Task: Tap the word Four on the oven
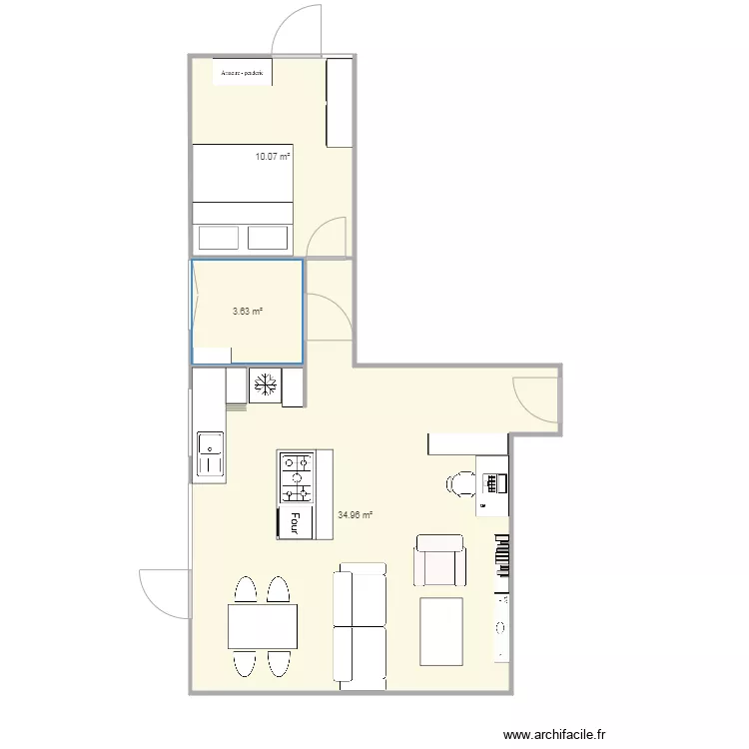[x=295, y=522]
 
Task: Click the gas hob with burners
[x=296, y=476]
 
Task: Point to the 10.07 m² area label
[x=272, y=157]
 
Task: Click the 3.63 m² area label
[x=247, y=311]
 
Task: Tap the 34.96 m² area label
[x=355, y=515]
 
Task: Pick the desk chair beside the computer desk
[x=460, y=483]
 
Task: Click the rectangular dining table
[x=263, y=627]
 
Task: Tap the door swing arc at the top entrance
[x=297, y=28]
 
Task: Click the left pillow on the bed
[x=218, y=238]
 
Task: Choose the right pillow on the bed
[x=268, y=238]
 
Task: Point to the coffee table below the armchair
[x=440, y=631]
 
